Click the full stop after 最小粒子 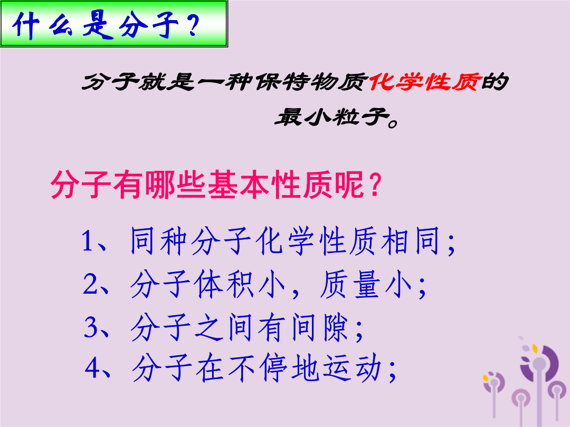point(393,123)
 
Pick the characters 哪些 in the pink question point(175,185)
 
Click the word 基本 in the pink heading point(239,185)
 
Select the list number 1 point(88,241)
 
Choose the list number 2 point(90,284)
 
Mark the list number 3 point(91,327)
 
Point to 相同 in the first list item point(411,240)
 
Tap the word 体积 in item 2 point(224,284)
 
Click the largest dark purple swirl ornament point(539,363)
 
